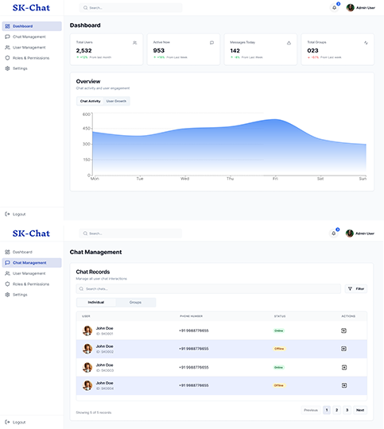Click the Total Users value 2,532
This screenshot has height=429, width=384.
[83, 50]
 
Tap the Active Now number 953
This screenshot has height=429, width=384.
[159, 50]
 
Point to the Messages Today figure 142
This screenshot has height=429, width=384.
[235, 50]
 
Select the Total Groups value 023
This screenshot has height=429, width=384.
[312, 50]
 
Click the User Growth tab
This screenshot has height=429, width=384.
[116, 102]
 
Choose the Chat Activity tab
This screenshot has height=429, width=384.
[90, 102]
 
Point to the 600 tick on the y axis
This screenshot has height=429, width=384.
[86, 114]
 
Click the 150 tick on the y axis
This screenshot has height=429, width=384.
[86, 160]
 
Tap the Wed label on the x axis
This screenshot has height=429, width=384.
[184, 179]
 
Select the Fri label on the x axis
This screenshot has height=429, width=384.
[275, 179]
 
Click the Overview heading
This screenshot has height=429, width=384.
[87, 82]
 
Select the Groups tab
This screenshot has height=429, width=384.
[135, 303]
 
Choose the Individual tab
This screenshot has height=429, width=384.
[96, 303]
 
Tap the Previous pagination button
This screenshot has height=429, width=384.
[311, 410]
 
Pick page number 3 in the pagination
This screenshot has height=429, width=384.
[347, 410]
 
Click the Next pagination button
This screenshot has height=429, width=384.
[360, 410]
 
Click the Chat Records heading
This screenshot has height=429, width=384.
[92, 272]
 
